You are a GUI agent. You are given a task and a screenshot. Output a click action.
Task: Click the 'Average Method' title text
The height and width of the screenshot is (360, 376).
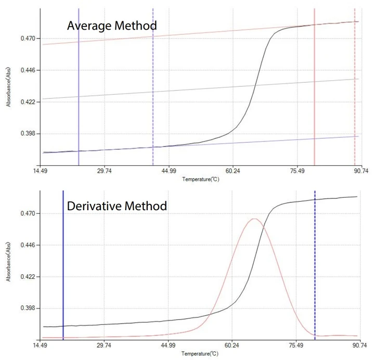click(x=111, y=25)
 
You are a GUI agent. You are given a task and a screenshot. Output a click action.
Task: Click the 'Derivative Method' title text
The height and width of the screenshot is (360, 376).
click(x=117, y=206)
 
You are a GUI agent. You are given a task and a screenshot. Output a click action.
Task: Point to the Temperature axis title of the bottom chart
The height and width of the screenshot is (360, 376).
click(x=200, y=354)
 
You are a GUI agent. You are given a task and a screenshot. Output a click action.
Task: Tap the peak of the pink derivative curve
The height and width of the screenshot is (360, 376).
click(x=254, y=219)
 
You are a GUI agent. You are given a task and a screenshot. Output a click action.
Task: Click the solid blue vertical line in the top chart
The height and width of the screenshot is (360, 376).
click(x=79, y=104)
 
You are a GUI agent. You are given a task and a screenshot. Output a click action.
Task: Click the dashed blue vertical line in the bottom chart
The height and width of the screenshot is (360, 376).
click(x=315, y=260)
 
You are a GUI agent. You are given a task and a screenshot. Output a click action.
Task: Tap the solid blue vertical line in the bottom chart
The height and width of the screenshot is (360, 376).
click(x=63, y=260)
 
